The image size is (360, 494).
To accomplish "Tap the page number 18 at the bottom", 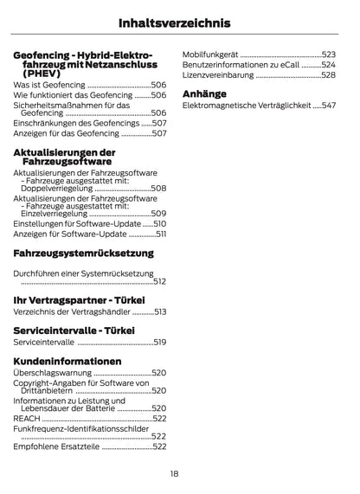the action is pos(174,474).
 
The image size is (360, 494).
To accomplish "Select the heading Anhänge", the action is pos(204,93).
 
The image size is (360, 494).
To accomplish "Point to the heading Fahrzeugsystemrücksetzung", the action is pos(83,253).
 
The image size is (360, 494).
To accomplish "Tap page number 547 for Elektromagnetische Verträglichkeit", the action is pos(328,106).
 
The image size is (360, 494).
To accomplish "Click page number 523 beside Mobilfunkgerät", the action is pos(329,54).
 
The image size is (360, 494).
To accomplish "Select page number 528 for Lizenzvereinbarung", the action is pos(329,75).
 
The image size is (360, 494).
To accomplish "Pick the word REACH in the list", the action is pos(27,419).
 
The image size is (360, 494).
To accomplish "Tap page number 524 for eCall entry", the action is pos(329,65).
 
